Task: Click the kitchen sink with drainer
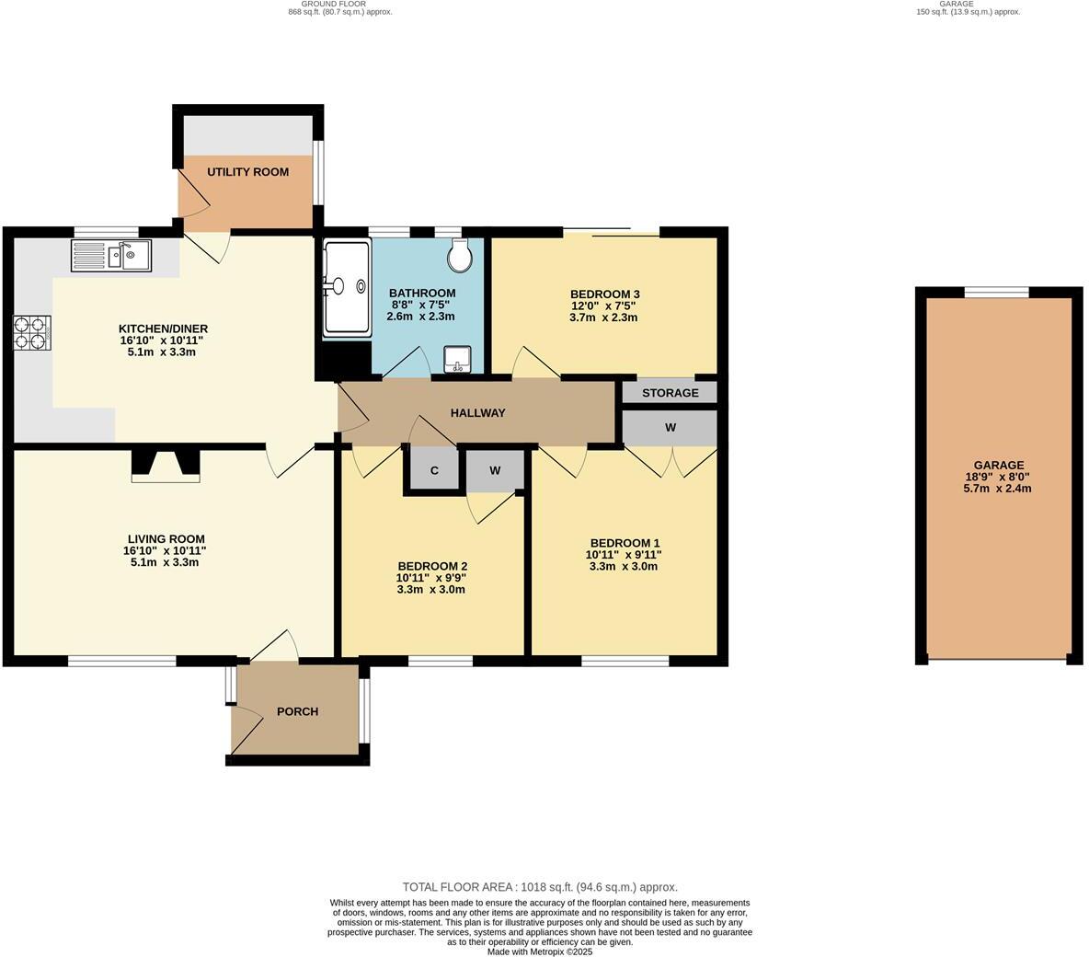point(111,255)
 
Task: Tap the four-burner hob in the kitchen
point(31,333)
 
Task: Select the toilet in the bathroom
point(460,255)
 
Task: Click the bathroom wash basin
point(456,360)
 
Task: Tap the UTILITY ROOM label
point(247,172)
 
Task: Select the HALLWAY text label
point(477,413)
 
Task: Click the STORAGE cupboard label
point(670,393)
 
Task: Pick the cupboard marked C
point(433,471)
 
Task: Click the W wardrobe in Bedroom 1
point(670,428)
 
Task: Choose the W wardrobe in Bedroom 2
point(495,471)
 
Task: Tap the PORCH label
point(297,711)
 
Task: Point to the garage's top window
point(996,293)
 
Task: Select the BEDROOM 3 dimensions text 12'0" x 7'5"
point(603,306)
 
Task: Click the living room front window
point(122,660)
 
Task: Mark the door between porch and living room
point(274,649)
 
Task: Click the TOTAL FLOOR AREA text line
point(540,887)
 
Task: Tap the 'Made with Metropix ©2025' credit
point(540,951)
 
